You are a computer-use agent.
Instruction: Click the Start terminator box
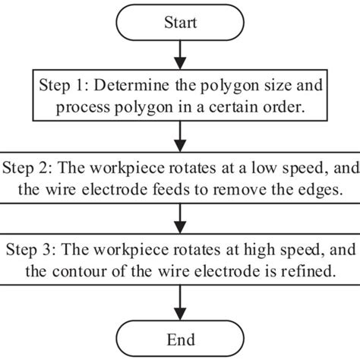[180, 23]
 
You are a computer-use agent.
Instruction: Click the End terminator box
[180, 339]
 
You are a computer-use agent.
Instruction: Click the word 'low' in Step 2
[257, 167]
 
